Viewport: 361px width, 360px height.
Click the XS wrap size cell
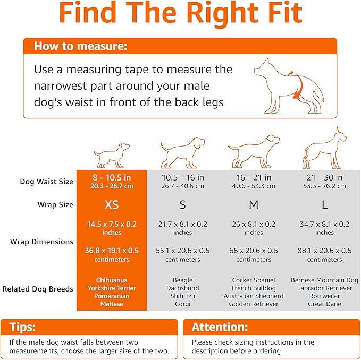tap(112, 204)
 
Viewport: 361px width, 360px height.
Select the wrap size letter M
tap(254, 204)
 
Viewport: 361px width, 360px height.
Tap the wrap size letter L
tap(324, 204)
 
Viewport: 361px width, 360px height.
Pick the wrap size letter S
tap(182, 204)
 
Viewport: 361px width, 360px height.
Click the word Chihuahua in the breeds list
tap(112, 280)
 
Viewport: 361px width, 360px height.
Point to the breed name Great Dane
tap(324, 304)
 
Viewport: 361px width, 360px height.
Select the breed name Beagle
tap(182, 280)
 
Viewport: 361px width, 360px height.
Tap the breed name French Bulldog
tap(254, 288)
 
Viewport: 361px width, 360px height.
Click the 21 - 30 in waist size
tap(324, 177)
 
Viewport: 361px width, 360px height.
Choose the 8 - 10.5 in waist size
tap(112, 177)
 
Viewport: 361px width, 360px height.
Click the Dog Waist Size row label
tap(47, 182)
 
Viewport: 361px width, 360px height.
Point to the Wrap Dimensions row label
tap(41, 242)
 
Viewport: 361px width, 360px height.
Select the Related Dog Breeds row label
tap(38, 289)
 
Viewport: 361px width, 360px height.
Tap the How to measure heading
tap(80, 46)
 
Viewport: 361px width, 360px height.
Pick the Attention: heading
tap(220, 327)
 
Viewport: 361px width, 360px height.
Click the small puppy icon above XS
tap(111, 154)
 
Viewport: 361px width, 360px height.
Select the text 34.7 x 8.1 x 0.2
tap(324, 224)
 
